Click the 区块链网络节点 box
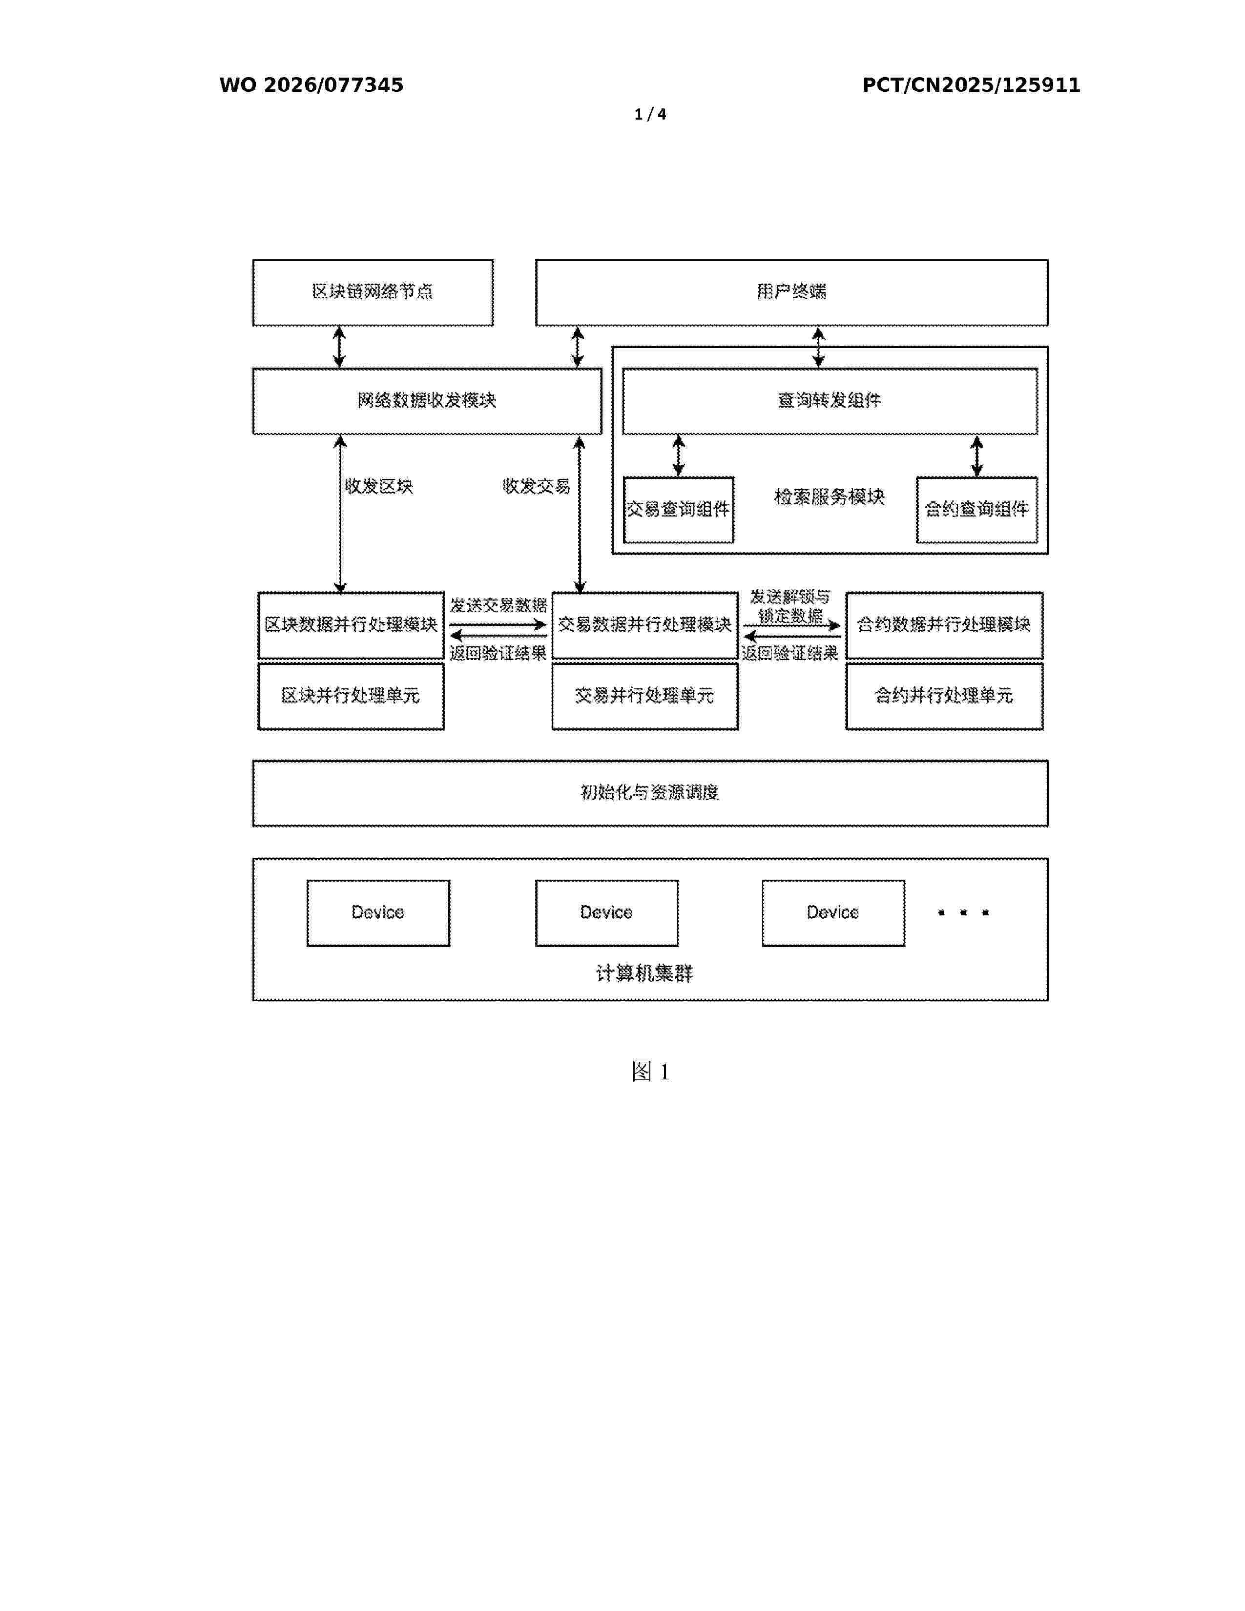373,292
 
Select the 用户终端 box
791,292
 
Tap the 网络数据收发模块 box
427,401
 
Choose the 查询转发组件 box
830,401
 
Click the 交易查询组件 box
679,510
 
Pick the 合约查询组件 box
976,510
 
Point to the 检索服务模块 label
829,496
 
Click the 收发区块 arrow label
379,486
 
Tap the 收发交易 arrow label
536,486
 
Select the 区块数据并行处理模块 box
351,625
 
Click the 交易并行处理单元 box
644,696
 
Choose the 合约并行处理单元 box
944,696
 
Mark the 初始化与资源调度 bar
650,793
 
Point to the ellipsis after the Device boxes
963,913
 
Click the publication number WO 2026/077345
311,85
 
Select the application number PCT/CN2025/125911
972,85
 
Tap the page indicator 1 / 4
650,114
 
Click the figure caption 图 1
650,1072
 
